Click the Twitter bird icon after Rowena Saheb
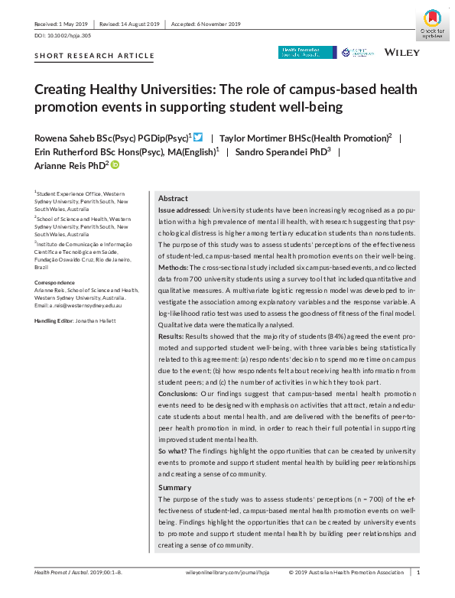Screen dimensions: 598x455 (198, 138)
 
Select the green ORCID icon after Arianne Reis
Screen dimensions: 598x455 (115, 164)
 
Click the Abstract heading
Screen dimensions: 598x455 (173, 197)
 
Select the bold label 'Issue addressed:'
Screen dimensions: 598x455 (184, 209)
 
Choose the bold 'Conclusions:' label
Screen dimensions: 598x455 (180, 393)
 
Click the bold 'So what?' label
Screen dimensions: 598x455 (173, 452)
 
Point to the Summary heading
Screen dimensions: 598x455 (174, 487)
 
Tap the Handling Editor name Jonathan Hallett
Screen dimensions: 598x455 (96, 320)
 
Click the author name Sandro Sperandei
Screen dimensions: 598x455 (293, 151)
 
